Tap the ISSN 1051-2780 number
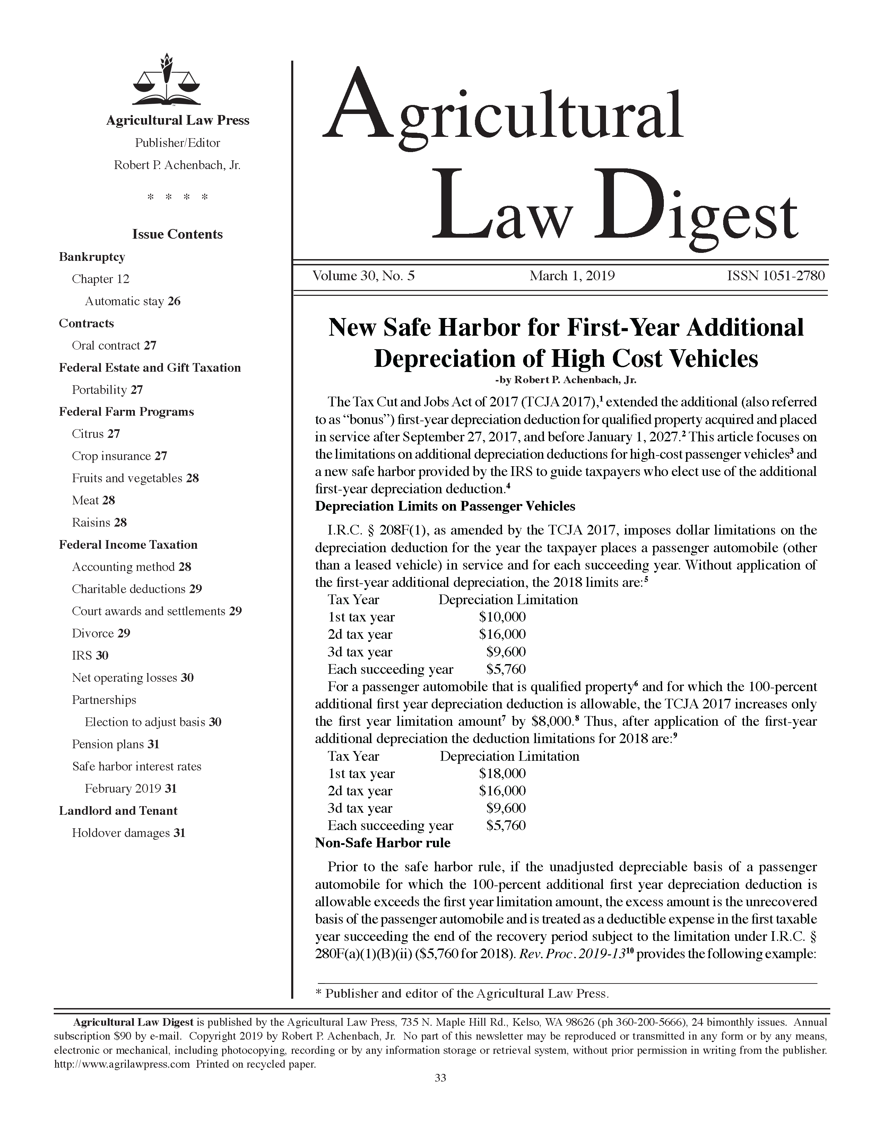(775, 276)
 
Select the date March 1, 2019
(572, 276)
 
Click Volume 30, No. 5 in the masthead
(363, 276)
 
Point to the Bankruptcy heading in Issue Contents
(92, 257)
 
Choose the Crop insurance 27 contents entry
(119, 456)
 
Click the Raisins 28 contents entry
(99, 522)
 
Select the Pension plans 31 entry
(116, 744)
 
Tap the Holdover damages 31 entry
(129, 833)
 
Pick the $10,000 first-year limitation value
(502, 617)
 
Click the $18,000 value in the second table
(502, 774)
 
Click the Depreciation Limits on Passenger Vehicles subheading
(445, 506)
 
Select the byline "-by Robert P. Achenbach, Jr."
(565, 379)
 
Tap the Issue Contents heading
(177, 234)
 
